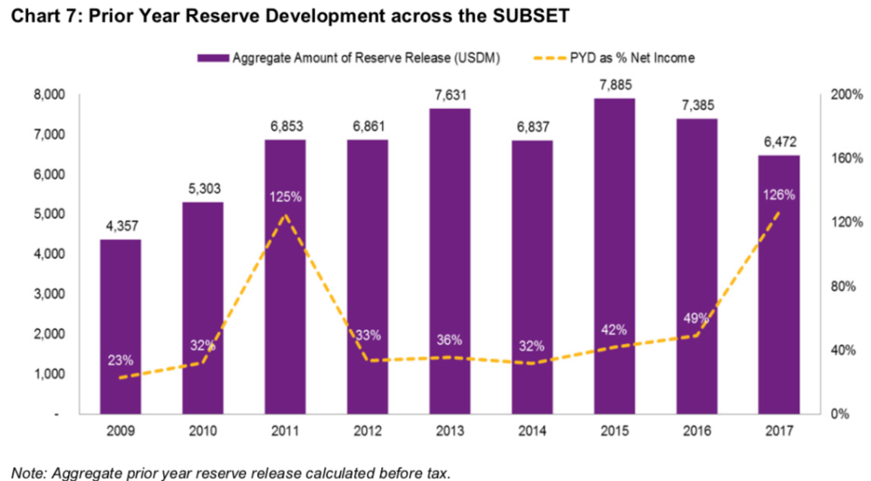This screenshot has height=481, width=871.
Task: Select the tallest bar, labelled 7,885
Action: [x=614, y=255]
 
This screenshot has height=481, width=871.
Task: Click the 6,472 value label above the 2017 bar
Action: [x=778, y=141]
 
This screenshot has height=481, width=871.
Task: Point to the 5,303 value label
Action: [x=202, y=188]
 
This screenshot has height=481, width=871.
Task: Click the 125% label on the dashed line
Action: [x=285, y=197]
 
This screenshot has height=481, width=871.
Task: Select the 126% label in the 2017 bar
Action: [x=778, y=194]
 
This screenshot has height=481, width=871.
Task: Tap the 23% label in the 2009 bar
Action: [x=120, y=359]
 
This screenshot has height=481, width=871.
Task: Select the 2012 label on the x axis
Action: [x=367, y=432]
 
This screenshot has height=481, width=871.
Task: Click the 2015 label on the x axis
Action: [x=614, y=432]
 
